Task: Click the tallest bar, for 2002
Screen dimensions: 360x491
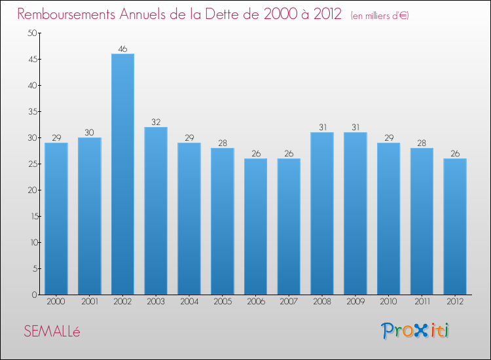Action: click(x=122, y=174)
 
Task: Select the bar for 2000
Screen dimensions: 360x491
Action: click(x=56, y=219)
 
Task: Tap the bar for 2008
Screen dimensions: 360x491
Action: click(x=322, y=213)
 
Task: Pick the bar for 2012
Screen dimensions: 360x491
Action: click(x=455, y=226)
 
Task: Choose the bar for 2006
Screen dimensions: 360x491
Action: click(x=255, y=226)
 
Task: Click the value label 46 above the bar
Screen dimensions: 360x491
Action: click(x=122, y=49)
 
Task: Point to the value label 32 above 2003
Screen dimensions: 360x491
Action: click(x=156, y=122)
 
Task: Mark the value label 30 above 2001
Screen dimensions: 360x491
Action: click(x=90, y=133)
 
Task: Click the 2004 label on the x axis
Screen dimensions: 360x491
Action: click(x=189, y=301)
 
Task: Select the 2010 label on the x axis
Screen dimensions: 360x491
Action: click(x=388, y=301)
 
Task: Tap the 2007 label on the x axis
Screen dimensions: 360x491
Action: click(x=289, y=301)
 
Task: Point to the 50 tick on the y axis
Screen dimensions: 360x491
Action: click(x=31, y=33)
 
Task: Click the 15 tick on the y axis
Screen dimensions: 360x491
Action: click(x=31, y=216)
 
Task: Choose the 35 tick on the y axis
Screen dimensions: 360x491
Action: click(x=31, y=112)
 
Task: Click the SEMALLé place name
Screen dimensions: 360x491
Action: click(x=52, y=332)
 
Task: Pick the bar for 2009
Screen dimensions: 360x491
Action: click(x=355, y=213)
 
